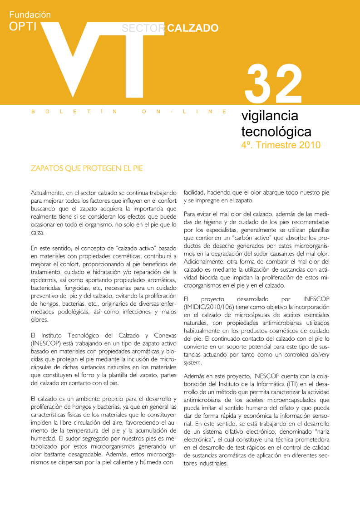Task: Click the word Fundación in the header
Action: pos(30,15)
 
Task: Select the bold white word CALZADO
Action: pos(193,28)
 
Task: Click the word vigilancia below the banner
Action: pos(270,116)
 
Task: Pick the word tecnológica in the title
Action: pos(276,132)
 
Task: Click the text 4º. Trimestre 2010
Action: pos(281,145)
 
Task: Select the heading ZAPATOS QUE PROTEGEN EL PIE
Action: pos(87,169)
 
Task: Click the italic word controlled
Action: pos(299,355)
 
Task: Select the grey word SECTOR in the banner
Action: pos(143,28)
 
